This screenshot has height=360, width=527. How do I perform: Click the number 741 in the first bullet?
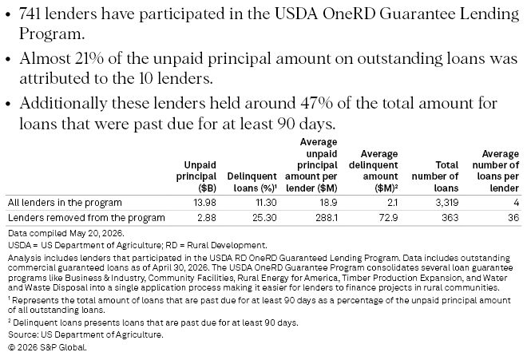30,14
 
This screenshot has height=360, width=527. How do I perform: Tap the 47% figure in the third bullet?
316,103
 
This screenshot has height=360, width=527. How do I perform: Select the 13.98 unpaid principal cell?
204,203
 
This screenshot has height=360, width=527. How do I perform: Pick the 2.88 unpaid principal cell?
207,218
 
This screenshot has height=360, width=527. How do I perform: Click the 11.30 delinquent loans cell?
265,203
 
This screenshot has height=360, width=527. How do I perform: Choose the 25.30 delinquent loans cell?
264,218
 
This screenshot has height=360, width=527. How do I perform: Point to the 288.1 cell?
327,218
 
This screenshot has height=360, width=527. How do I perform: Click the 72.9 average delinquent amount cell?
389,218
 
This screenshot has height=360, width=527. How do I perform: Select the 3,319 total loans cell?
446,203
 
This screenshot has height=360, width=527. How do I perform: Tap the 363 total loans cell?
450,218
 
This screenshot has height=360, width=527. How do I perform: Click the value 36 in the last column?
513,218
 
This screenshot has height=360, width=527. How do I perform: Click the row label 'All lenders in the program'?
65,203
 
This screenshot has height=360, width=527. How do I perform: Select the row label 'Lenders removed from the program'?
86,218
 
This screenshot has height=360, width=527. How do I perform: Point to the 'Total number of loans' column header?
435,176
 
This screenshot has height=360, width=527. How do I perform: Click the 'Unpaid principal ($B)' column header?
196,176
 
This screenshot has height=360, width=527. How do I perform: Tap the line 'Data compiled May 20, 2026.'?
65,233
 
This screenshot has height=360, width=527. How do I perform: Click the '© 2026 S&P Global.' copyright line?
47,347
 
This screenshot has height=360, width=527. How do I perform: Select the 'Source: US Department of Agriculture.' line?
85,334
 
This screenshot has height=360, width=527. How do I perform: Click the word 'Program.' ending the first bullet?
52,34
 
